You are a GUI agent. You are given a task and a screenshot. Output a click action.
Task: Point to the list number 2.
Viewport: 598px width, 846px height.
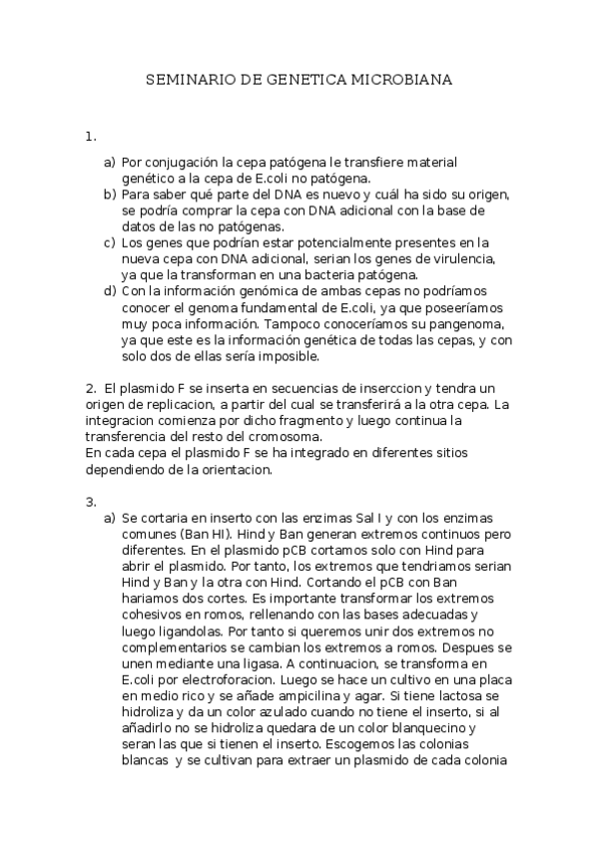tap(90, 387)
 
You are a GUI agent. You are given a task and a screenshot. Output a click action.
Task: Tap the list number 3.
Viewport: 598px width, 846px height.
tap(90, 500)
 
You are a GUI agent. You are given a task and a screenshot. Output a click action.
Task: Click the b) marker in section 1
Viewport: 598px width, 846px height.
tap(110, 194)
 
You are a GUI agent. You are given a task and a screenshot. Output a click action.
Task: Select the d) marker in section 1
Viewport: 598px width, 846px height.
tap(110, 291)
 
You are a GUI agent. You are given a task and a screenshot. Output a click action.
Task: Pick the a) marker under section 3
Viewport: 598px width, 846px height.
tap(110, 519)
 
